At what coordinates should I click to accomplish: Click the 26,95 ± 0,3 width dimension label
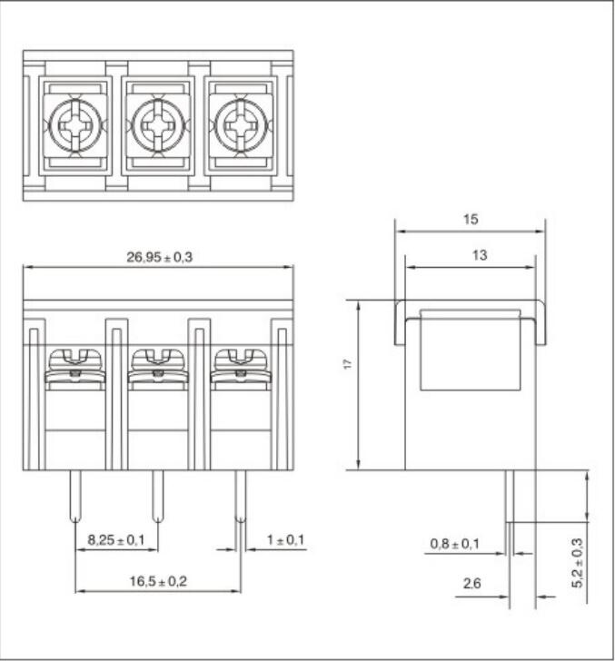click(x=160, y=257)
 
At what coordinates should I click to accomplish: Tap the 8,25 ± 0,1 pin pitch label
click(x=116, y=539)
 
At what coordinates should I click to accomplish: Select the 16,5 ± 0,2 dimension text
click(x=158, y=581)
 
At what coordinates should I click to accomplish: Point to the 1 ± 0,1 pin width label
click(x=285, y=539)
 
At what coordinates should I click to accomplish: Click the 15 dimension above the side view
click(x=471, y=219)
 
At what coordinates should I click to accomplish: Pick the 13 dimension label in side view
click(x=480, y=255)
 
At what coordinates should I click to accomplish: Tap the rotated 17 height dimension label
click(x=348, y=364)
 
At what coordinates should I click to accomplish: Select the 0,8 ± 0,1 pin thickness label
click(x=455, y=544)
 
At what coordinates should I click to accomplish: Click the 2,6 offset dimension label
click(x=472, y=584)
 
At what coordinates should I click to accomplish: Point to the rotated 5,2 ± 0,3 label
click(x=578, y=563)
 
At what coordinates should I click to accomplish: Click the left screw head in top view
click(x=75, y=125)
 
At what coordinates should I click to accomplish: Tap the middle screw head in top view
click(x=158, y=125)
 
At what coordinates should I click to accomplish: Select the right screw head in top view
click(x=241, y=125)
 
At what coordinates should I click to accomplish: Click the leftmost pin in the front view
click(x=75, y=497)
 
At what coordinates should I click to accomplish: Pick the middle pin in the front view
click(x=158, y=497)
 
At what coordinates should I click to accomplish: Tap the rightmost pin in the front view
click(x=241, y=497)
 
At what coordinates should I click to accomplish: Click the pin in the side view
click(x=510, y=497)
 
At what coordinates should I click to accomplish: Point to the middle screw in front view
click(x=158, y=366)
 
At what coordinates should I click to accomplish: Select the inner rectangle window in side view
click(x=471, y=350)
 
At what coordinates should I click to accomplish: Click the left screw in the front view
click(x=75, y=366)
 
